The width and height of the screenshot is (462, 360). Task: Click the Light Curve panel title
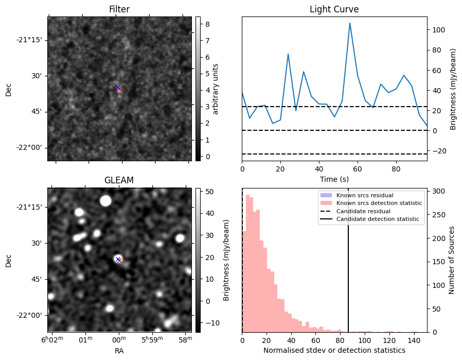[x=334, y=9]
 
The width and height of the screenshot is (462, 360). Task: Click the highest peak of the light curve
[x=350, y=23]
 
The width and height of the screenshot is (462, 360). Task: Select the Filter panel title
[x=119, y=9]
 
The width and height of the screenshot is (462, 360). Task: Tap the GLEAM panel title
[x=119, y=180]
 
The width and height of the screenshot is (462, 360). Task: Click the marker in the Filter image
[x=118, y=88]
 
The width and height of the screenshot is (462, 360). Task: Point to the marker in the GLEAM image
[x=118, y=260]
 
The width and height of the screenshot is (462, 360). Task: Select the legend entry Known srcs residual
[x=365, y=195]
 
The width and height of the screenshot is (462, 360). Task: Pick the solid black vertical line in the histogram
[x=348, y=268]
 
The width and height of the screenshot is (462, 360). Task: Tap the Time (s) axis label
[x=334, y=179]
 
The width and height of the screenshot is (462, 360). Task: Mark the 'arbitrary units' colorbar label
[x=216, y=89]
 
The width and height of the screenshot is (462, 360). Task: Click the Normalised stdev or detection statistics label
[x=334, y=350]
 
